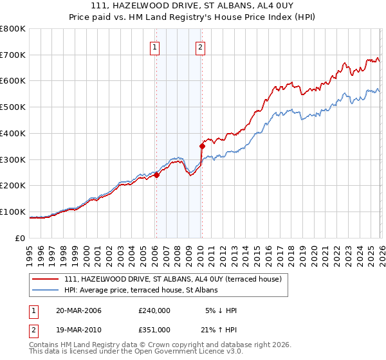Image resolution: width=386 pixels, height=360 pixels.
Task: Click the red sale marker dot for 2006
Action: tap(156, 175)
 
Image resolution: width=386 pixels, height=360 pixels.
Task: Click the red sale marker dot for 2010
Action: tap(202, 146)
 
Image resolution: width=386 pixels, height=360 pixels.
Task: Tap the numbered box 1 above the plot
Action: tap(156, 46)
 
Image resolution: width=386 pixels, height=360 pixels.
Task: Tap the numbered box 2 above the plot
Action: tap(201, 46)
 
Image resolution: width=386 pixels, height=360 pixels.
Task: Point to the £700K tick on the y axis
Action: tap(13, 55)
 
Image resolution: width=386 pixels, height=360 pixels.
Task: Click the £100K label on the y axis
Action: tap(13, 212)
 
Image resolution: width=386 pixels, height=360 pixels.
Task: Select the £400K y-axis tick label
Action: tap(13, 133)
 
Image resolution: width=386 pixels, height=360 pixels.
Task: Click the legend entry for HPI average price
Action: tap(141, 291)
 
